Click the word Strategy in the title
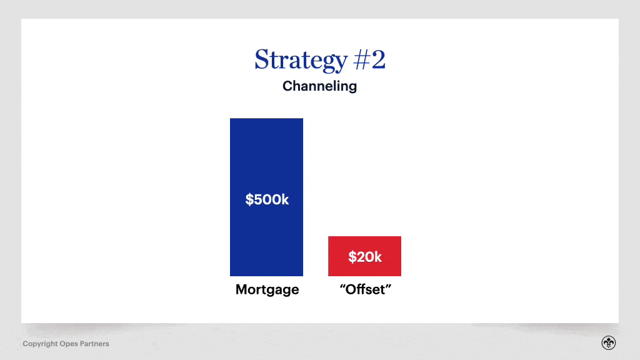coord(301,60)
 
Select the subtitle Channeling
coord(319,86)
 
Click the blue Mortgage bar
coord(266,156)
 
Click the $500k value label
coord(267,199)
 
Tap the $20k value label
coord(364,256)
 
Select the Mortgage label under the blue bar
coord(267,290)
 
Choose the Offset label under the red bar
coord(364,290)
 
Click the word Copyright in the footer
coord(40,344)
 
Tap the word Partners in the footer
coord(94,344)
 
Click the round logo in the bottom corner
coord(608,342)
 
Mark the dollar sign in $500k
coord(249,199)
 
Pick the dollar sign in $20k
coord(352,256)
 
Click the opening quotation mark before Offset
coord(341,287)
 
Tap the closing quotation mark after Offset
coord(387,287)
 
